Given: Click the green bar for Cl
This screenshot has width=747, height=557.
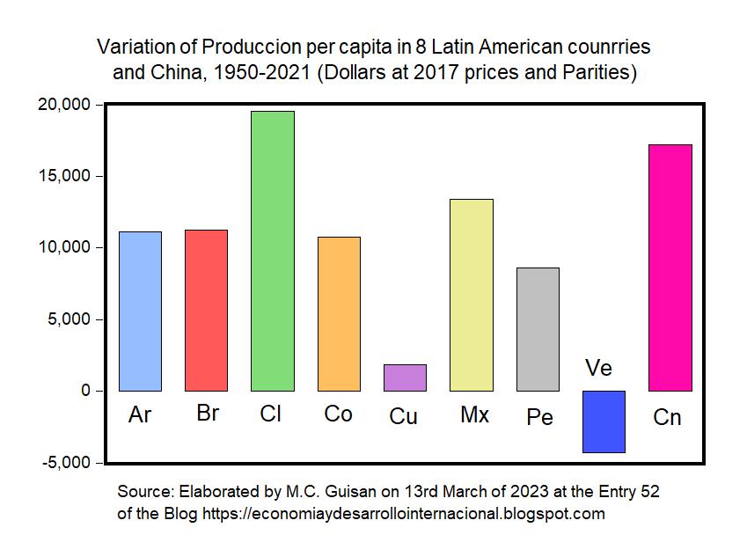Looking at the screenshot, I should (x=272, y=251).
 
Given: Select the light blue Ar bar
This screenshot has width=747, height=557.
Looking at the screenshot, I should (x=140, y=311).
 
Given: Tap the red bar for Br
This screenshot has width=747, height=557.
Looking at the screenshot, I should (x=206, y=310).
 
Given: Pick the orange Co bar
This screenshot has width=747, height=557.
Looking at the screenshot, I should (x=339, y=313).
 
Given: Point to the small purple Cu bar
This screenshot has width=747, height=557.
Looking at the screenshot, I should (x=405, y=377).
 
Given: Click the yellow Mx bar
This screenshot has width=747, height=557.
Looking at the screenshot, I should (x=471, y=295).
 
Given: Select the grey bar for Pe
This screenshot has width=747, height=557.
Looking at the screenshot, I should (x=538, y=329).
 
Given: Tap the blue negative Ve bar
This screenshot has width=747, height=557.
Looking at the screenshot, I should (x=604, y=421).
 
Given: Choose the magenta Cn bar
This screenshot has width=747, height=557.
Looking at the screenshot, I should (x=670, y=268).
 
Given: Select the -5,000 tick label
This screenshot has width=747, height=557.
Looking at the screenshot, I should (x=67, y=463).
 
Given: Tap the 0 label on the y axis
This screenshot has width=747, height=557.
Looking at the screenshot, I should (x=85, y=391).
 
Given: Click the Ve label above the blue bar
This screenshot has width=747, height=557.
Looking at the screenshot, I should (x=598, y=368).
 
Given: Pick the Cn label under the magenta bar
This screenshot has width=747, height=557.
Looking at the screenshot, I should (x=667, y=417).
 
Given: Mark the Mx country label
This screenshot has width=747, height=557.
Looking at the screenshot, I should (x=474, y=414).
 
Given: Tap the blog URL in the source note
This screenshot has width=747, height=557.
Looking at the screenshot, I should (x=404, y=514).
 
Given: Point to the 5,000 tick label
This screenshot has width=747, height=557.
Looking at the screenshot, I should (x=70, y=319).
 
